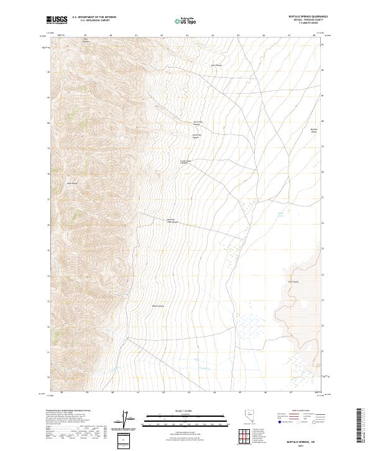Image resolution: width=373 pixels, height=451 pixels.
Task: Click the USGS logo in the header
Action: (57, 21)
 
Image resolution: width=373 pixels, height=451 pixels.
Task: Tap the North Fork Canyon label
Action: (197, 123)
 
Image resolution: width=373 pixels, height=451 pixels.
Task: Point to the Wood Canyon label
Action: (158, 305)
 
